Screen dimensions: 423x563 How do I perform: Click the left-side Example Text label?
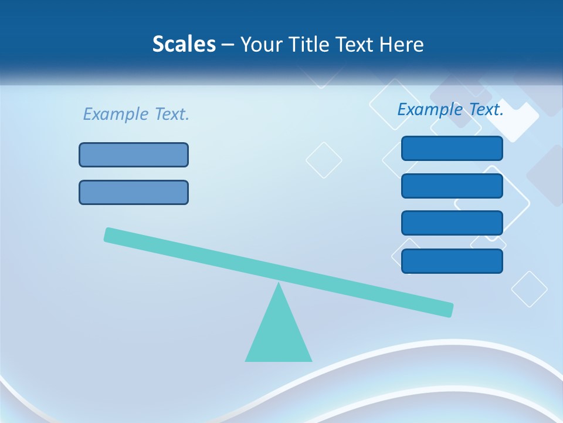pos(136,114)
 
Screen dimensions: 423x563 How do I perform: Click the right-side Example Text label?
pos(450,109)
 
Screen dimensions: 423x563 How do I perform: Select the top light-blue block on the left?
pos(134,155)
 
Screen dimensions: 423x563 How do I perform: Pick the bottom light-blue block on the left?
pos(134,192)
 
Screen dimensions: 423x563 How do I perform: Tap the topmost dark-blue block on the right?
pos(452,148)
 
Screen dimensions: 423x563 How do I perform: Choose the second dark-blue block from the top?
pos(452,186)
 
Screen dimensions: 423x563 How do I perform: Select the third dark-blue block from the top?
pos(452,223)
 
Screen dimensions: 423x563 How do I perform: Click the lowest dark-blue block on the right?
pos(452,261)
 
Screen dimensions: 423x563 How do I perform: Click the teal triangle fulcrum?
pos(279,332)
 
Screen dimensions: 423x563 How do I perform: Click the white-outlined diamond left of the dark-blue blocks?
pos(324,160)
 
